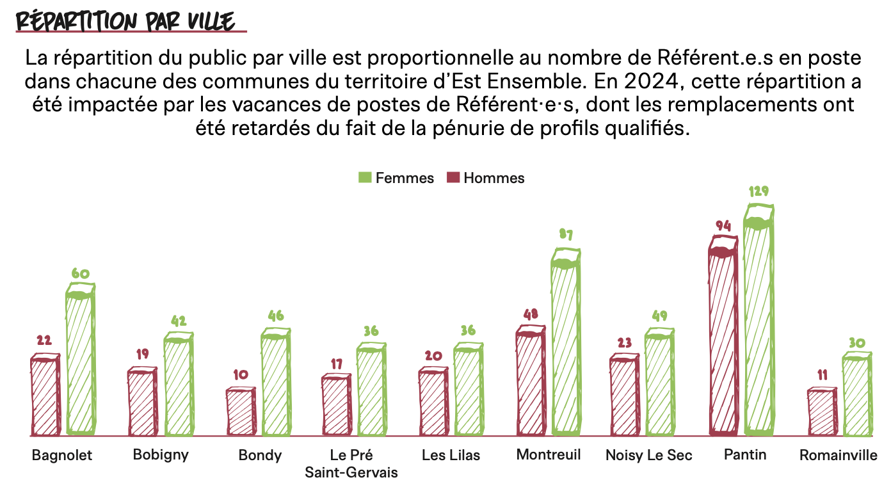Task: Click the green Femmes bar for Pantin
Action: click(759, 326)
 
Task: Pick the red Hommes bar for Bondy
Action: click(241, 412)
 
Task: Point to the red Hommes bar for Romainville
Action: click(822, 412)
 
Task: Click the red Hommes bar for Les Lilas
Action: click(433, 403)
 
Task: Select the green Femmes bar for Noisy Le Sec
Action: click(659, 384)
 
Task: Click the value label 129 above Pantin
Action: click(759, 191)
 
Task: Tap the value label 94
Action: click(723, 225)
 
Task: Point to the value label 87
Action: click(565, 235)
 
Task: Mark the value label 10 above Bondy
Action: click(241, 375)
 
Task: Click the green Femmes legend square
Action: click(364, 178)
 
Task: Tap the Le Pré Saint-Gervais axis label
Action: click(351, 463)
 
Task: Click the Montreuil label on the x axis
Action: click(549, 454)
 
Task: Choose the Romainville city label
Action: click(838, 455)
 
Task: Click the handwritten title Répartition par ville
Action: click(125, 20)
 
